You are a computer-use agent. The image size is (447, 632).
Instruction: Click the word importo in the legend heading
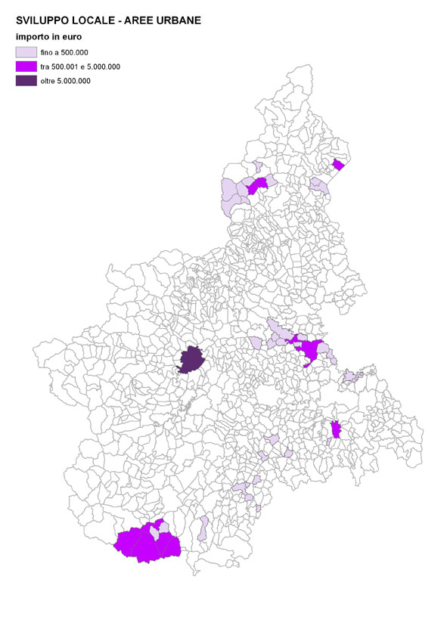point(33,36)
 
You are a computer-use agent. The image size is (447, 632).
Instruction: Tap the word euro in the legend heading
point(72,36)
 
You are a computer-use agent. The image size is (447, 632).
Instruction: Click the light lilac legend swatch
point(26,52)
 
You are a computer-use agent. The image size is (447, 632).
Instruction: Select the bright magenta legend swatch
point(26,67)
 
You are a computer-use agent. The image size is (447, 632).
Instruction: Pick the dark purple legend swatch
point(26,80)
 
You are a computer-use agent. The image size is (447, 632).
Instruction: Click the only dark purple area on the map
point(191,359)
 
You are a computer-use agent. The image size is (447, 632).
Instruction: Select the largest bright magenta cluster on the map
point(147,543)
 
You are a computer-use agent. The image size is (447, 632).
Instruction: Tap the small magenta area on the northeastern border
point(338,164)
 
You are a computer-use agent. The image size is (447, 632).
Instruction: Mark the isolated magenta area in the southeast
point(335,429)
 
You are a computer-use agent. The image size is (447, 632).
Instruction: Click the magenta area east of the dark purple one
point(309,351)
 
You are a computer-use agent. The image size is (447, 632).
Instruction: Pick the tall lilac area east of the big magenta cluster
point(203,527)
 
